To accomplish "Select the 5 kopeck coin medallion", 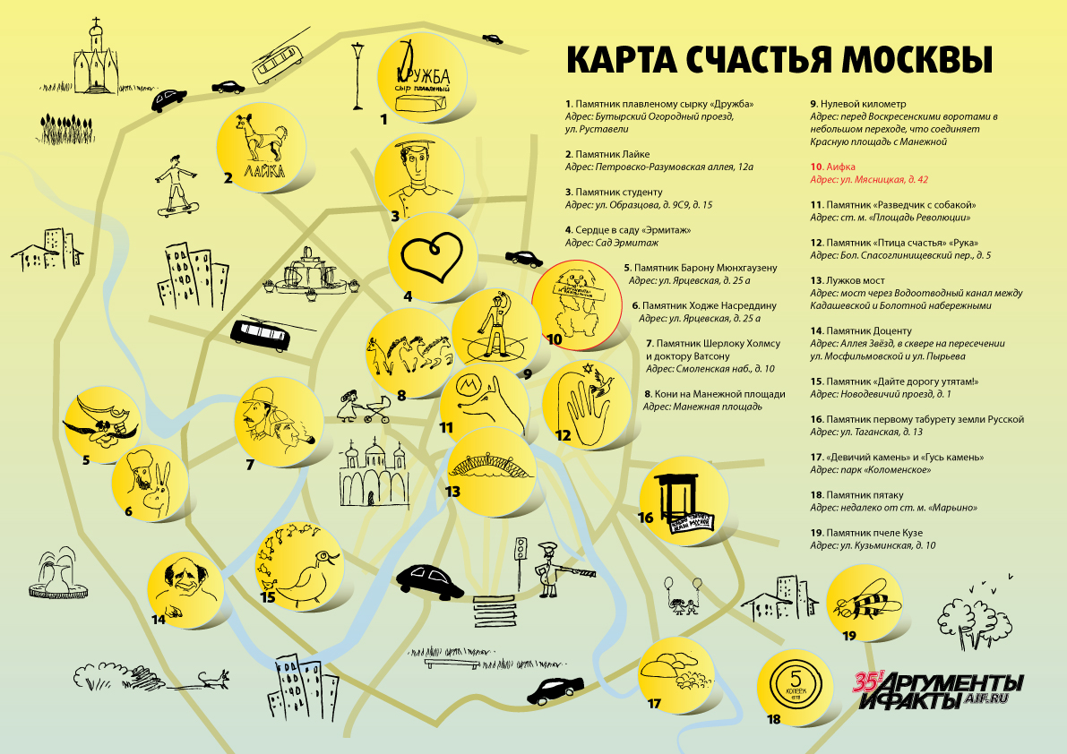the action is pos(794,687).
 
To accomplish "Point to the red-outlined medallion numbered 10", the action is pos(577,304).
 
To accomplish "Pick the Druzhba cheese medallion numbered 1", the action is pos(423,77).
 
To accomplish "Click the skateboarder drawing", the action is pos(177,185).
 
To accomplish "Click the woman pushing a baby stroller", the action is pos(365,406).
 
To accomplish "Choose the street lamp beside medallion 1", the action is pos(357,75).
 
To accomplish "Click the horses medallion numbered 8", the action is pos(409,352).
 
